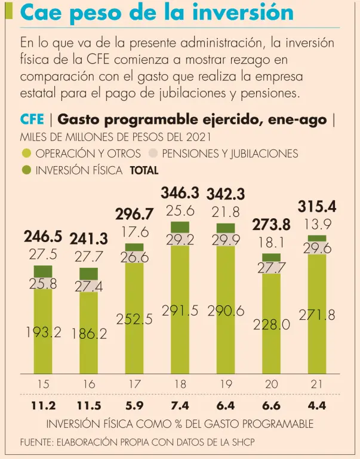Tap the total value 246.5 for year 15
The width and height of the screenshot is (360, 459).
click(x=43, y=237)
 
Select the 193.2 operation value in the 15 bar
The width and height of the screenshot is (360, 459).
click(x=43, y=332)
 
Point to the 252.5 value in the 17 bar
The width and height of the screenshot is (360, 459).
click(x=134, y=319)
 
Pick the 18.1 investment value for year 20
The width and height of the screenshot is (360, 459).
click(x=272, y=243)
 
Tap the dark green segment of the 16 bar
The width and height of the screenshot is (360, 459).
click(x=89, y=274)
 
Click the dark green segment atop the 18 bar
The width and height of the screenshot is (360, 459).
click(x=180, y=227)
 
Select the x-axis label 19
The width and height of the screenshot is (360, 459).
click(x=226, y=385)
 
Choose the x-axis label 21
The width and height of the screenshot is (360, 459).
click(x=317, y=385)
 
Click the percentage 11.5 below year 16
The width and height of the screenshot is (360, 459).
click(x=89, y=406)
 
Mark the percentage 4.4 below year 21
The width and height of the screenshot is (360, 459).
click(x=317, y=406)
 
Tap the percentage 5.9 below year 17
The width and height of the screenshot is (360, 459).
click(x=134, y=406)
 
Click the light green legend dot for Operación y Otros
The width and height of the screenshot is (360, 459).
click(x=26, y=154)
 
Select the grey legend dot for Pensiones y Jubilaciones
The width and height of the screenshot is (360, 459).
click(x=152, y=154)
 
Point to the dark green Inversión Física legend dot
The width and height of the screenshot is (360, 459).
click(x=26, y=170)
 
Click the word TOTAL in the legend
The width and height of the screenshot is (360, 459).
click(x=144, y=170)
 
